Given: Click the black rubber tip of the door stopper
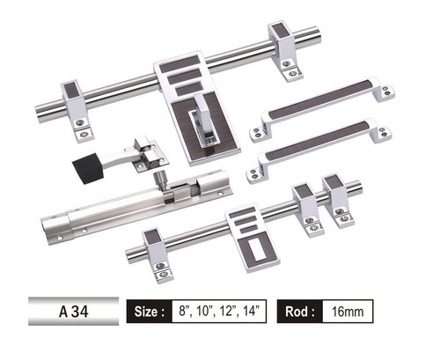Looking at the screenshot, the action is (87, 168).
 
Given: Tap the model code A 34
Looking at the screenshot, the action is (74, 312).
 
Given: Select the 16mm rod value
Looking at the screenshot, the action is (348, 312).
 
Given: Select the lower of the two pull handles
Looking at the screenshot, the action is (319, 151).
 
